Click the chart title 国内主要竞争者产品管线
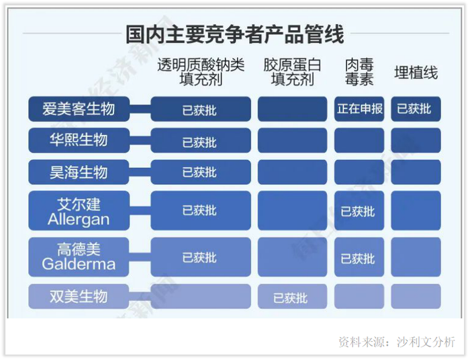point(234,34)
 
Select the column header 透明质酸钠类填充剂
point(201,72)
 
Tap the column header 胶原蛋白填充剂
point(292,72)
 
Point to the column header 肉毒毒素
point(359,72)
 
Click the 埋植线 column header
point(416,73)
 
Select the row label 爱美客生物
point(79,109)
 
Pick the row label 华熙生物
point(79,140)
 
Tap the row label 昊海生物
point(79,172)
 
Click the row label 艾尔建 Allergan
point(79,210)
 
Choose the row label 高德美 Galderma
point(79,257)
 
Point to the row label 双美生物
point(79,296)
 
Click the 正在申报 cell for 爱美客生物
point(359,109)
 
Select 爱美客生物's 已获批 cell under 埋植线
point(416,109)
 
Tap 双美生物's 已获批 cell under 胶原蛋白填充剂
point(292,296)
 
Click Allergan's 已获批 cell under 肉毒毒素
point(359,210)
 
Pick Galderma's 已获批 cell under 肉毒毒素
point(359,257)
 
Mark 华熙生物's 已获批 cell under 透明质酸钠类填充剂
point(201,140)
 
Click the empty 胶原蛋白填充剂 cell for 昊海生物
point(292,172)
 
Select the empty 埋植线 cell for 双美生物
point(416,296)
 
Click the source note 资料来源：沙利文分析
point(397,342)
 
